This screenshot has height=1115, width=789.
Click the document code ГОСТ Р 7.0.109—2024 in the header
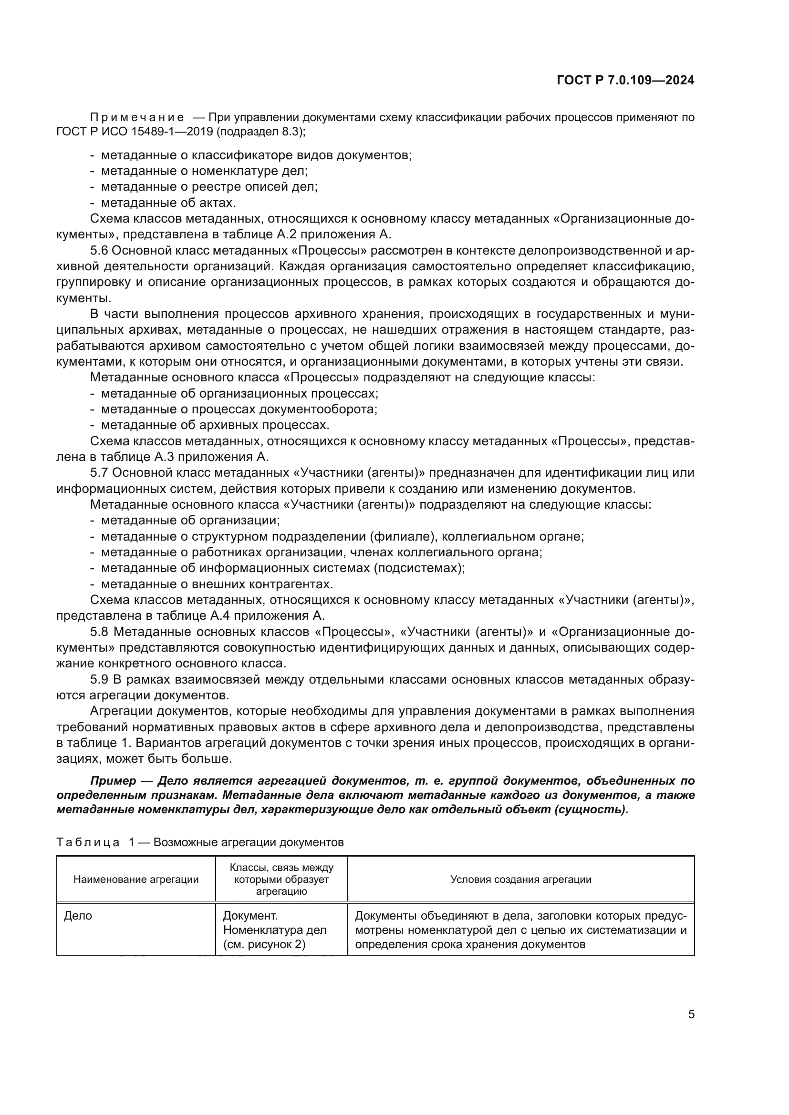pyautogui.click(x=625, y=81)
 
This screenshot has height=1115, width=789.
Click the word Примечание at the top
pyautogui.click(x=137, y=118)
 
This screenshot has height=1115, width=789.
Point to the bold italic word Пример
pyautogui.click(x=113, y=781)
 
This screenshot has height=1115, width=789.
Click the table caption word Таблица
pyautogui.click(x=88, y=842)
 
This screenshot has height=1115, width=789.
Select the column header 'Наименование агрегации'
pyautogui.click(x=136, y=880)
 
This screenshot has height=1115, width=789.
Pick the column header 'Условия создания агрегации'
pyautogui.click(x=521, y=880)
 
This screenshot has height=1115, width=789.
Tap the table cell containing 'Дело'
pyautogui.click(x=78, y=916)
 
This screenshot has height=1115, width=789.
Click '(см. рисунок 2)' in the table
pyautogui.click(x=264, y=944)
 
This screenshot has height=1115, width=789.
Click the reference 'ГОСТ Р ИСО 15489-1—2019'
pyautogui.click(x=135, y=132)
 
